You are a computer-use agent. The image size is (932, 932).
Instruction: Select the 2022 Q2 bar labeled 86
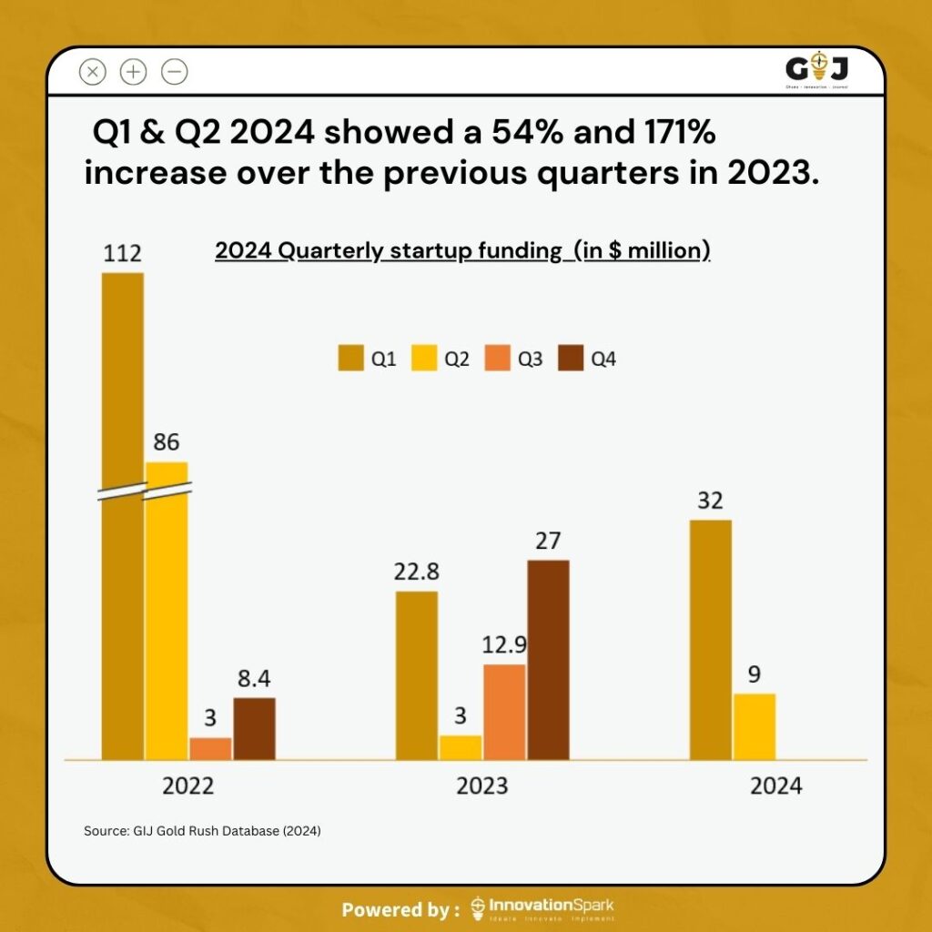pos(167,610)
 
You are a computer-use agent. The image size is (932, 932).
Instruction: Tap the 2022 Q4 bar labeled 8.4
pos(254,728)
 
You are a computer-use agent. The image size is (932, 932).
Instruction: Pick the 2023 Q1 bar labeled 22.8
pos(416,674)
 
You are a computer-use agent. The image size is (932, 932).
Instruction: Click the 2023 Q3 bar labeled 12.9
pos(504,711)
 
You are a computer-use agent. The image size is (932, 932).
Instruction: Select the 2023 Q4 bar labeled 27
pos(548,659)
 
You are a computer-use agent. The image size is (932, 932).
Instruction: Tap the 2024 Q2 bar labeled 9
pos(755,726)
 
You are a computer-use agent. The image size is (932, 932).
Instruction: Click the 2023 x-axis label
pos(482,785)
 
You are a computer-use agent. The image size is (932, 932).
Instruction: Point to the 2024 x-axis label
pos(775,785)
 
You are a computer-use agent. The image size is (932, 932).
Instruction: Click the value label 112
pos(122,252)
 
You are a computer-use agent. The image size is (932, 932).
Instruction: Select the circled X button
pos(93,71)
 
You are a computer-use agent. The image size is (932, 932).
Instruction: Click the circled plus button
pos(133,71)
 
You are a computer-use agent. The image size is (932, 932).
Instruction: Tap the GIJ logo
pos(816,69)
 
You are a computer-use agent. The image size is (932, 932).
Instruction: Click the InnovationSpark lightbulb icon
pos(478,907)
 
